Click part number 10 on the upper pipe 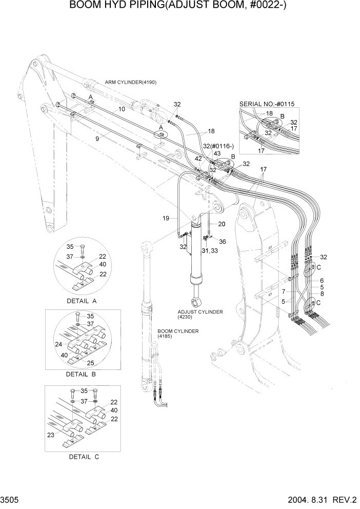click(x=122, y=109)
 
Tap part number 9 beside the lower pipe click(x=96, y=138)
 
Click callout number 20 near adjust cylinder click(x=222, y=224)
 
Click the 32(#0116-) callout click(x=215, y=146)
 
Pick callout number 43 click(x=217, y=153)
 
